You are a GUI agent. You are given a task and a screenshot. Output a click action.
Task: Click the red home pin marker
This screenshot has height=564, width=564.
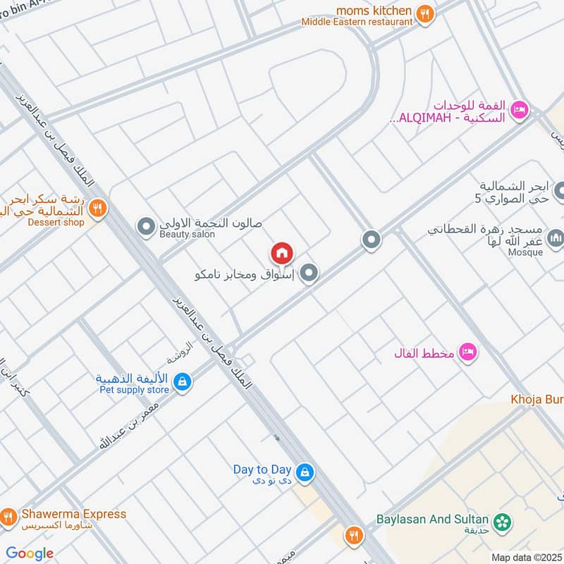coord(281,252)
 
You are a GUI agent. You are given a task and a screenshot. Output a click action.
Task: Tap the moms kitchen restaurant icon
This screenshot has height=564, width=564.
coord(424,13)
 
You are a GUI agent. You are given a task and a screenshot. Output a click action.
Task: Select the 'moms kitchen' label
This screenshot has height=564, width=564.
coord(374,10)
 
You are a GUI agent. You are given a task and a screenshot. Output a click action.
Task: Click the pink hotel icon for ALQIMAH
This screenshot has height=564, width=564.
coord(520,109)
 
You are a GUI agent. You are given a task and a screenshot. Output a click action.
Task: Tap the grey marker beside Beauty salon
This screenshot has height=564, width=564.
coord(146,227)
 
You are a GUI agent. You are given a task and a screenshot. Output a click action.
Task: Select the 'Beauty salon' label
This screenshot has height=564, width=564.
coord(188,234)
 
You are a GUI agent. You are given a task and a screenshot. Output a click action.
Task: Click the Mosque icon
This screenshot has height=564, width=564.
coord(556,238)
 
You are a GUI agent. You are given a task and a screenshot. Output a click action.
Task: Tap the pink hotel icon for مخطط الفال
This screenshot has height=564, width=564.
coord(467,351)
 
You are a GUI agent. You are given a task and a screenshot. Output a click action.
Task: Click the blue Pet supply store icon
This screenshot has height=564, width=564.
coord(183,382)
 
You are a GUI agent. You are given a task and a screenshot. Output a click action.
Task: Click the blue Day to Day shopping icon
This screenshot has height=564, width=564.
coord(304,473)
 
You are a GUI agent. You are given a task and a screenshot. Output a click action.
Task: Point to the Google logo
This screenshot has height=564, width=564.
coord(30,553)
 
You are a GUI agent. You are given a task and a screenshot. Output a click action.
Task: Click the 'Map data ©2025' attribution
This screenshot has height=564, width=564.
coord(526,557)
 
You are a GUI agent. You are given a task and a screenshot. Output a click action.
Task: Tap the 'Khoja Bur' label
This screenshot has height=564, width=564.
coord(537,400)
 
